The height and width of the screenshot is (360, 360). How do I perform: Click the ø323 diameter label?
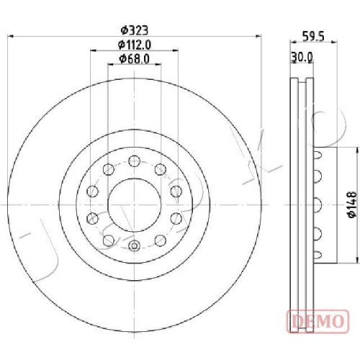click(134, 30)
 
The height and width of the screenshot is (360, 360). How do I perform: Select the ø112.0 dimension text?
click(135, 45)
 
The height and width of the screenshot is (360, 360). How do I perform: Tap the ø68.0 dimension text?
click(135, 59)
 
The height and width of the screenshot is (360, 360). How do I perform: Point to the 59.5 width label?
click(313, 37)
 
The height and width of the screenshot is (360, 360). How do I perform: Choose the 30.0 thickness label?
click(302, 58)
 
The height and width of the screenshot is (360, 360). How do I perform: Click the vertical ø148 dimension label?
click(352, 204)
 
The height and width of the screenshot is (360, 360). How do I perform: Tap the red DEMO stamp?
click(318, 321)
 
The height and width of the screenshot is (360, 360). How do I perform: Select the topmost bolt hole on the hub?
click(134, 161)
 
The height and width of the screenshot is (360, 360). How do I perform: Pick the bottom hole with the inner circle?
click(134, 246)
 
